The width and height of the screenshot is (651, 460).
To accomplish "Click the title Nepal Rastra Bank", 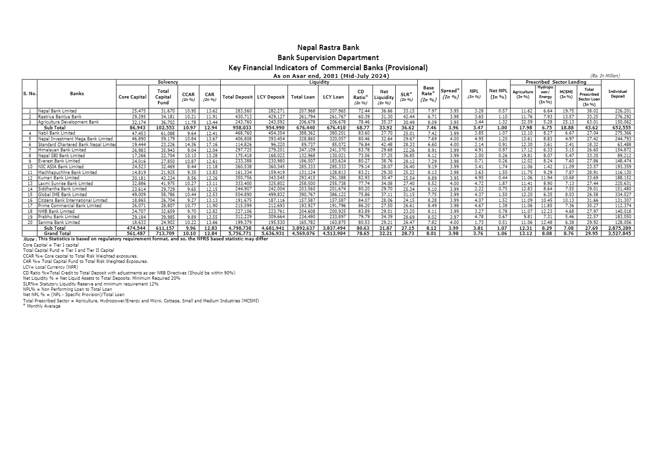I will pyautogui.click(x=328, y=47).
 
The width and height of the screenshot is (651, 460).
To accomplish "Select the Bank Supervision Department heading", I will pyautogui.click(x=328, y=58).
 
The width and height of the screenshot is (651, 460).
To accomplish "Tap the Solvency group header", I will pyautogui.click(x=168, y=82).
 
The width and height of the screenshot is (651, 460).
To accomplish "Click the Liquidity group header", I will pyautogui.click(x=319, y=82).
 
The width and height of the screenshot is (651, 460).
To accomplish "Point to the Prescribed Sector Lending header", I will pyautogui.click(x=555, y=82).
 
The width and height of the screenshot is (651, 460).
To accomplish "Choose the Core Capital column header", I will pyautogui.click(x=132, y=97).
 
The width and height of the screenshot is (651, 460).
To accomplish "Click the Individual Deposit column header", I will pyautogui.click(x=617, y=94).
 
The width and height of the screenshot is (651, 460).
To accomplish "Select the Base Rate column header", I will pyautogui.click(x=428, y=94).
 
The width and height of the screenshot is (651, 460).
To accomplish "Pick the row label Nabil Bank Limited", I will pyautogui.click(x=57, y=133).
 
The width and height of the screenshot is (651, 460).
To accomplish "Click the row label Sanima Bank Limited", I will pyautogui.click(x=59, y=223).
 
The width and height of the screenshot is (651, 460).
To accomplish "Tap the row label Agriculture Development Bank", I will pyautogui.click(x=68, y=122).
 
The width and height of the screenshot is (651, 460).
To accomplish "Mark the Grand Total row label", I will pyautogui.click(x=57, y=234).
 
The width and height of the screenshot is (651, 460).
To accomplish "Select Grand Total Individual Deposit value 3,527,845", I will pyautogui.click(x=619, y=234).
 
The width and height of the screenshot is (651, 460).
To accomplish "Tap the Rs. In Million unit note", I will pyautogui.click(x=605, y=75).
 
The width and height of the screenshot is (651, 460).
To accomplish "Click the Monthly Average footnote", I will pyautogui.click(x=42, y=306).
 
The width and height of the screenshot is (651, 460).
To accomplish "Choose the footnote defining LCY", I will pyautogui.click(x=50, y=267).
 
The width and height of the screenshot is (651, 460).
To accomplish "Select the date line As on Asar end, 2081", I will pyautogui.click(x=331, y=76).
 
